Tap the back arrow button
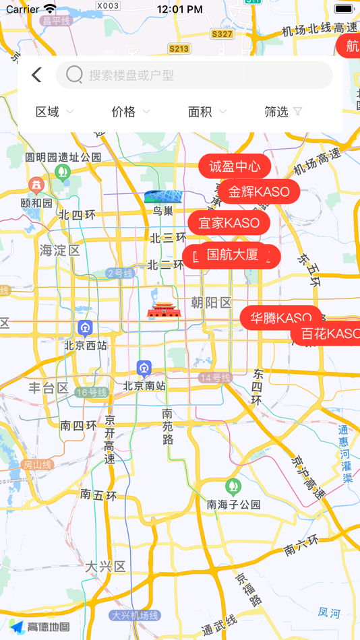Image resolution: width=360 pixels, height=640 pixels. coord(36,75)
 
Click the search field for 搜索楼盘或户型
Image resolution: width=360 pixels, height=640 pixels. coord(194,75)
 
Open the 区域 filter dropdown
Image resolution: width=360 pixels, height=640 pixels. coord(55,112)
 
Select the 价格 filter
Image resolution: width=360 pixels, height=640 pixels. coord(131,112)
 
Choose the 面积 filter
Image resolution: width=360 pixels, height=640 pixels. coord(207,112)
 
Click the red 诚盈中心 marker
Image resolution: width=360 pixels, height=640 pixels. coord(235,166)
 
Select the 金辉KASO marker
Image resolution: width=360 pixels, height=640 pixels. coord(259,191)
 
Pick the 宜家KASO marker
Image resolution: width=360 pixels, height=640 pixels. coord(229,222)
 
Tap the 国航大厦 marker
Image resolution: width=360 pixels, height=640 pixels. coord(233,255)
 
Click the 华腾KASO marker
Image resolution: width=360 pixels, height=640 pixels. coord(280,317)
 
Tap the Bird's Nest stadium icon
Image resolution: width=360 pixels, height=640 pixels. coord(163,197)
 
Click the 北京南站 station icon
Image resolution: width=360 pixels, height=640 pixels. coord(144,368)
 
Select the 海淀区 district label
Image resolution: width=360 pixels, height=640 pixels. coord(60,251)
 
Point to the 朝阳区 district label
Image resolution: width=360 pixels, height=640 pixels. coord(211,302)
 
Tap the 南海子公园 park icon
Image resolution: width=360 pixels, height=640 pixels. coord(233,486)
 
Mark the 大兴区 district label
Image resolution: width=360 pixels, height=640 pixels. coord(106,567)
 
